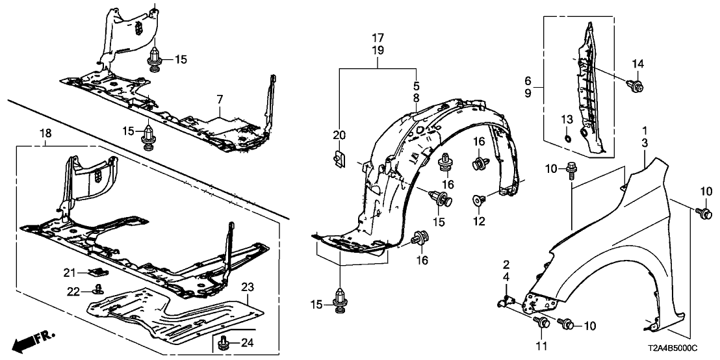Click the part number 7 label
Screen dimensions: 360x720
220,99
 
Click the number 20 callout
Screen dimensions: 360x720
339,135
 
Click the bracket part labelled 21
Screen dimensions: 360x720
96,271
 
